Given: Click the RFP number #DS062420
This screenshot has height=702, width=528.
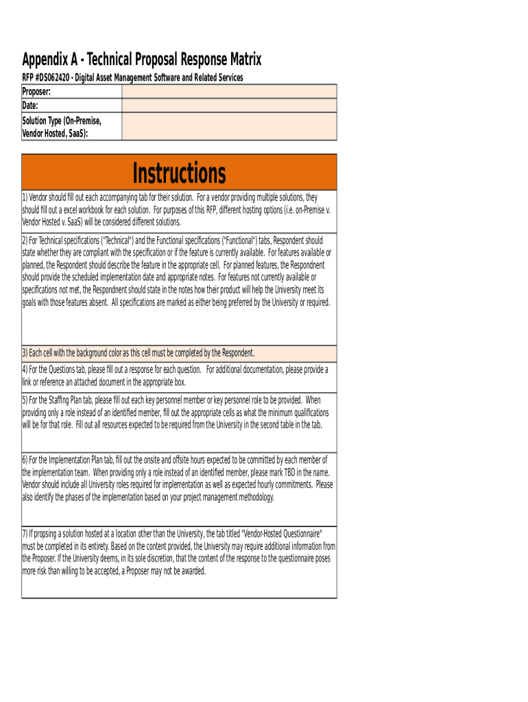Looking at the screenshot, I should coord(54,77).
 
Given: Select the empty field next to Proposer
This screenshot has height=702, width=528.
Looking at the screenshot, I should coord(229,91).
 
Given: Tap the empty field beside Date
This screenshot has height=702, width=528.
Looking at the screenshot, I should coord(229,106).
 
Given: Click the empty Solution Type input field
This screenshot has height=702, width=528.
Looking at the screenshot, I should coord(229,126).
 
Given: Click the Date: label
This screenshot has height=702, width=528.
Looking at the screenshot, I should coord(30,106).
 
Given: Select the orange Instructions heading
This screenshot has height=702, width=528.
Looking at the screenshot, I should coord(179,173).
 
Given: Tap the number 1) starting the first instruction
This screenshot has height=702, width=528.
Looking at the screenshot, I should coord(25,197).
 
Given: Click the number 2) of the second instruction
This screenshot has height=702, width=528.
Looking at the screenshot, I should coord(25,241).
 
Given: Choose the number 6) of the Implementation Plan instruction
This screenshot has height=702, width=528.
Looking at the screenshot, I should coord(25,460).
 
